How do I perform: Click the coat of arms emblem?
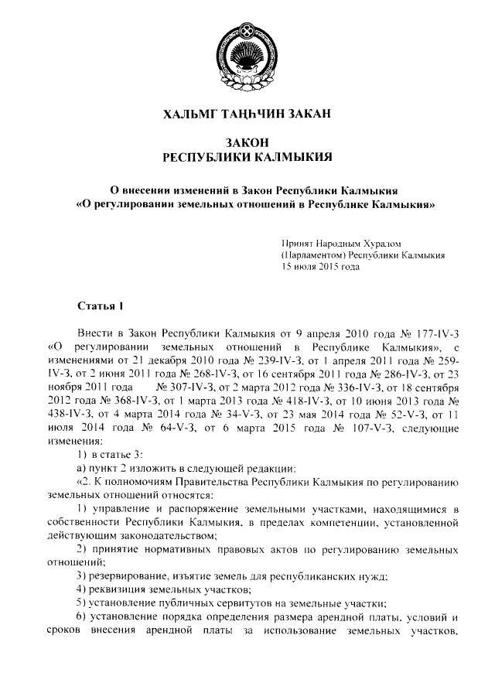[247, 47]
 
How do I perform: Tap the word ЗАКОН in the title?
[247, 143]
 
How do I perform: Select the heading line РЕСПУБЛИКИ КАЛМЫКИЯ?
[247, 158]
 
